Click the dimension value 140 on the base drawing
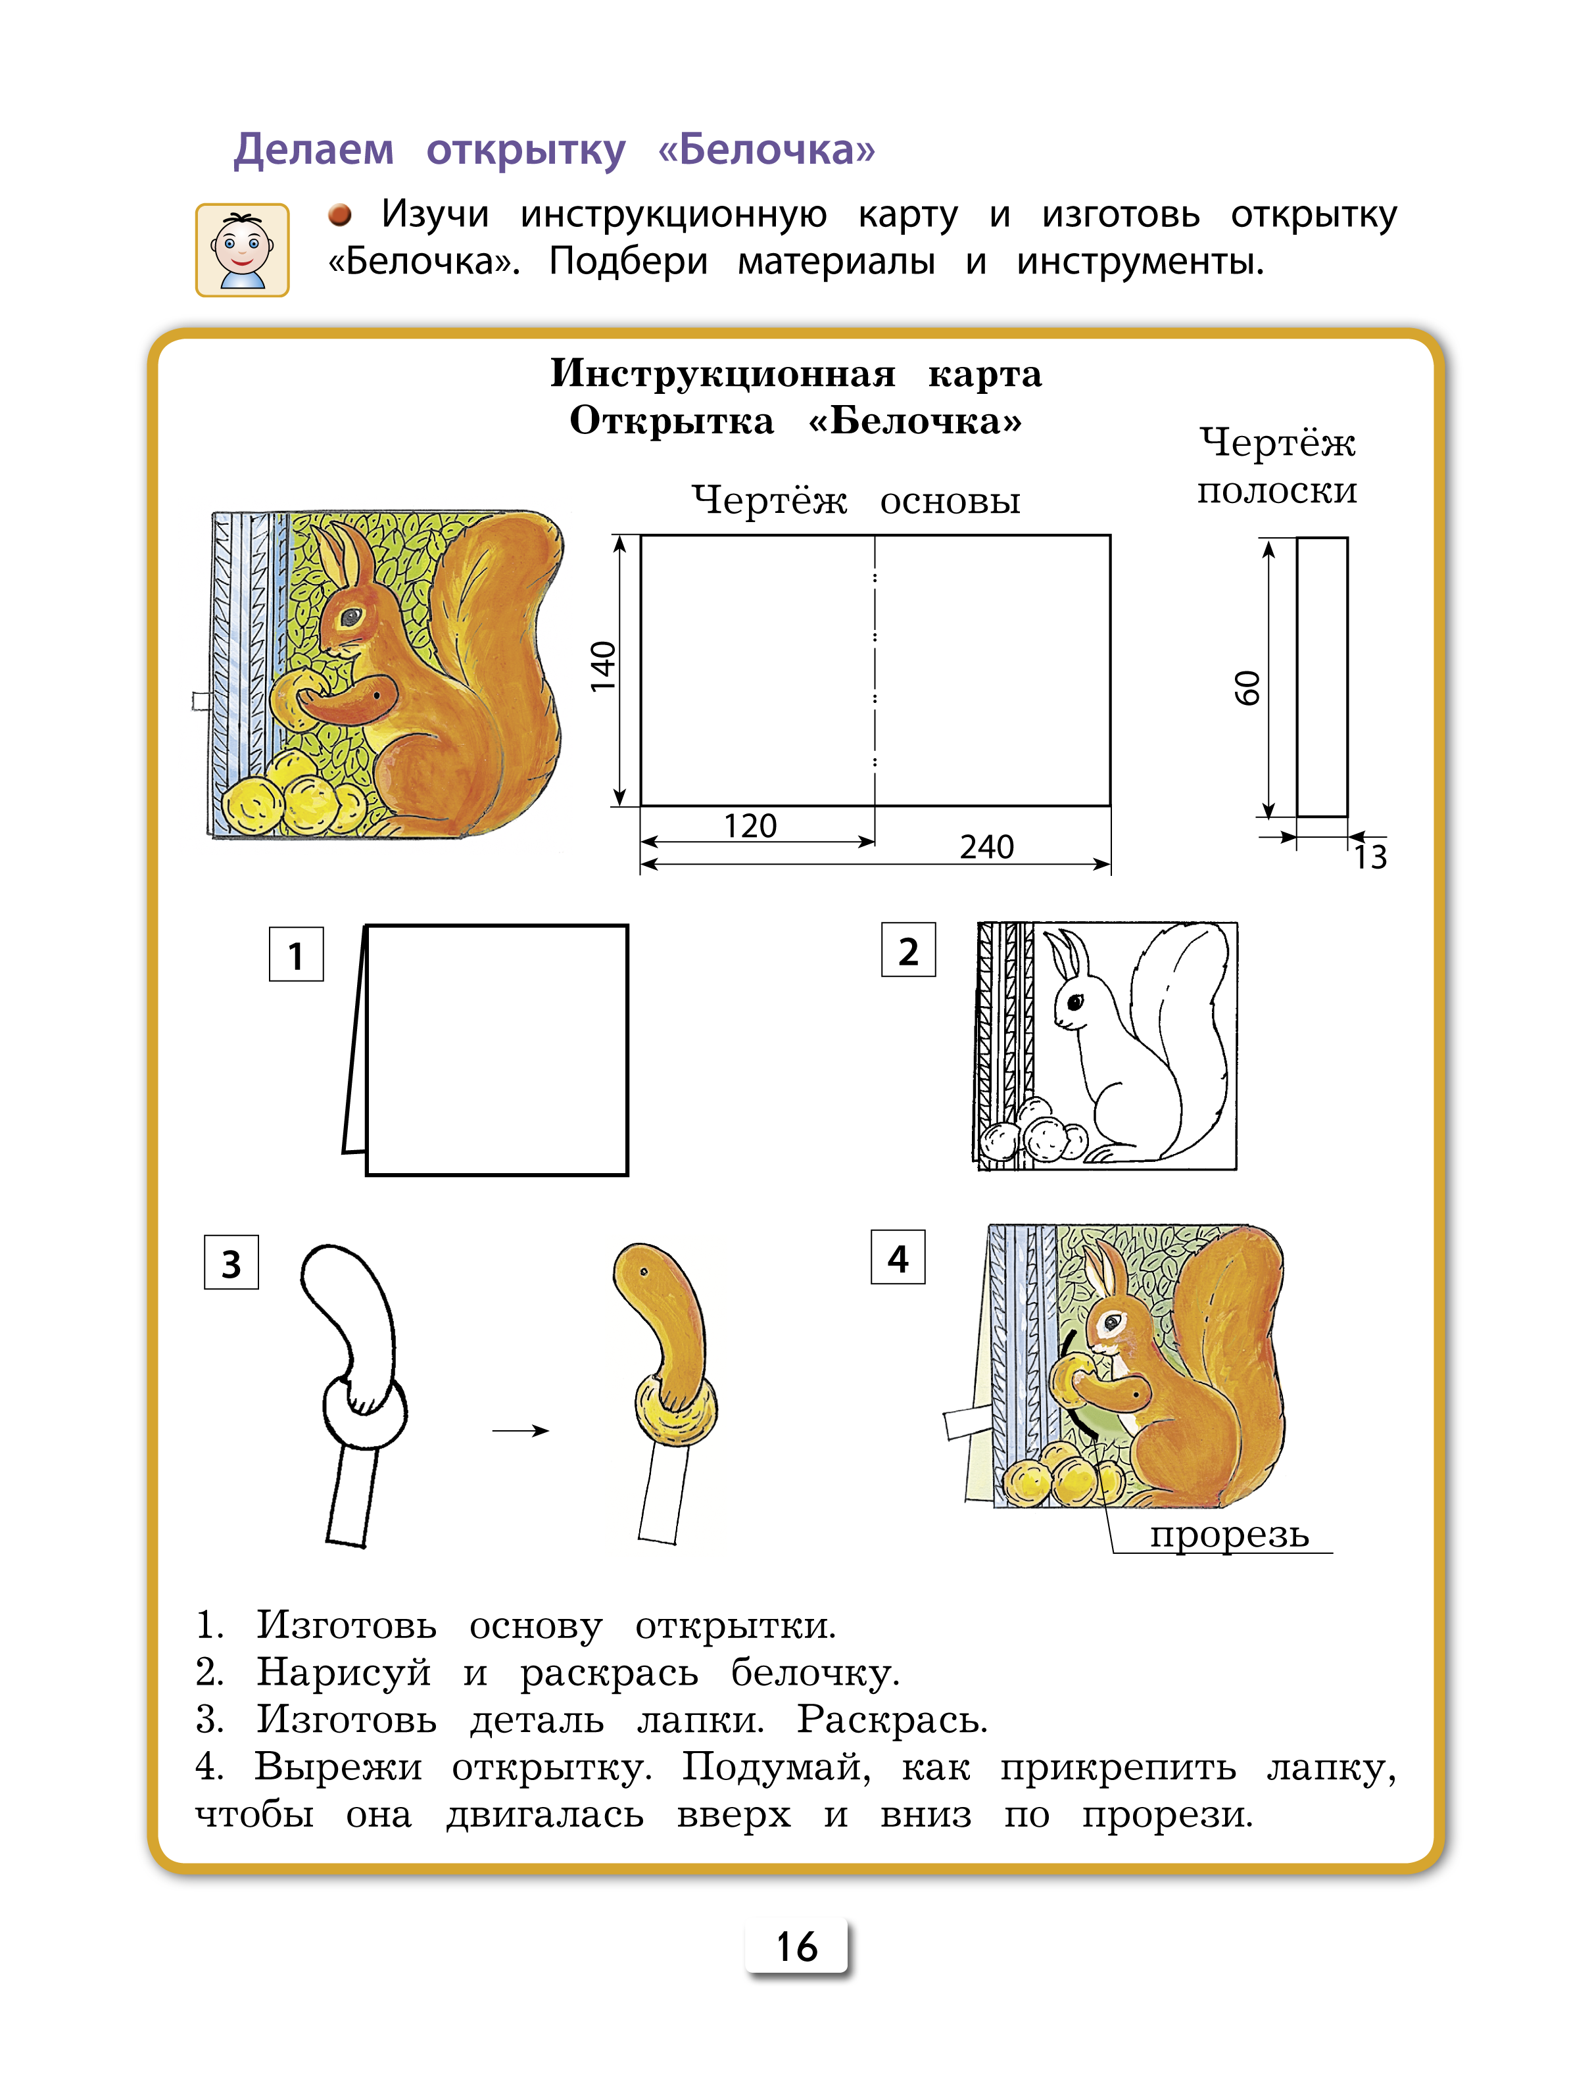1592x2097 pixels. click(x=603, y=667)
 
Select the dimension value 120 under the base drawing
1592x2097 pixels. click(x=750, y=827)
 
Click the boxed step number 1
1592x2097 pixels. click(x=296, y=955)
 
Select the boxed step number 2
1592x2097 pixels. click(x=908, y=951)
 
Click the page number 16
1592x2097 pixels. click(x=796, y=1946)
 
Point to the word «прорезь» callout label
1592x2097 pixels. click(x=1229, y=1533)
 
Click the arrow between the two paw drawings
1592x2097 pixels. click(x=521, y=1430)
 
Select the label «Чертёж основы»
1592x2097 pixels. click(x=856, y=500)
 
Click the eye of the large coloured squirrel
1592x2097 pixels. click(x=351, y=616)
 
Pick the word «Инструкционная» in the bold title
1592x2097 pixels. click(x=723, y=374)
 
